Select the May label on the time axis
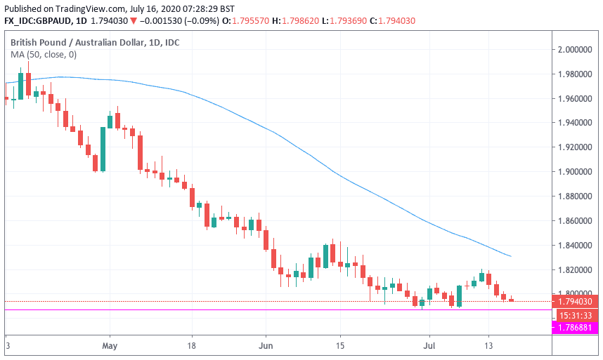108,346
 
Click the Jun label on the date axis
266,346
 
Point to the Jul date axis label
428,346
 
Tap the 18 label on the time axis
191,346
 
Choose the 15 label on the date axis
339,346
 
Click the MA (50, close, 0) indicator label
44,55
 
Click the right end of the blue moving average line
510,256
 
